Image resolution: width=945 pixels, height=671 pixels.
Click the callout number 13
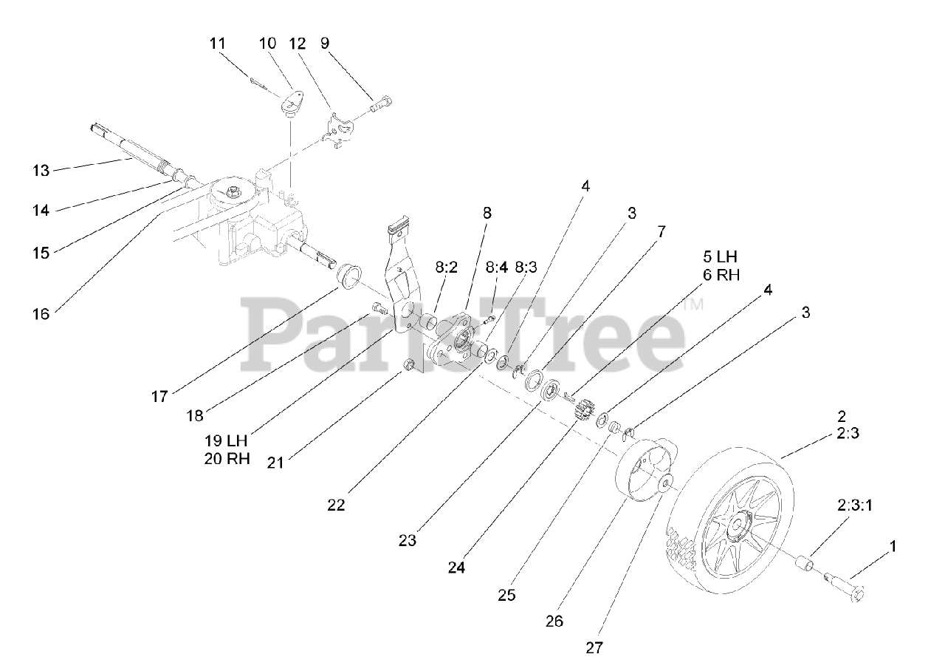(41, 171)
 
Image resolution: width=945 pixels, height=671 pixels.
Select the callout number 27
(594, 648)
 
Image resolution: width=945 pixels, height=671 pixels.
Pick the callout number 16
(41, 314)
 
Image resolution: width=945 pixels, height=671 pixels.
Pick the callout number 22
(336, 505)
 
